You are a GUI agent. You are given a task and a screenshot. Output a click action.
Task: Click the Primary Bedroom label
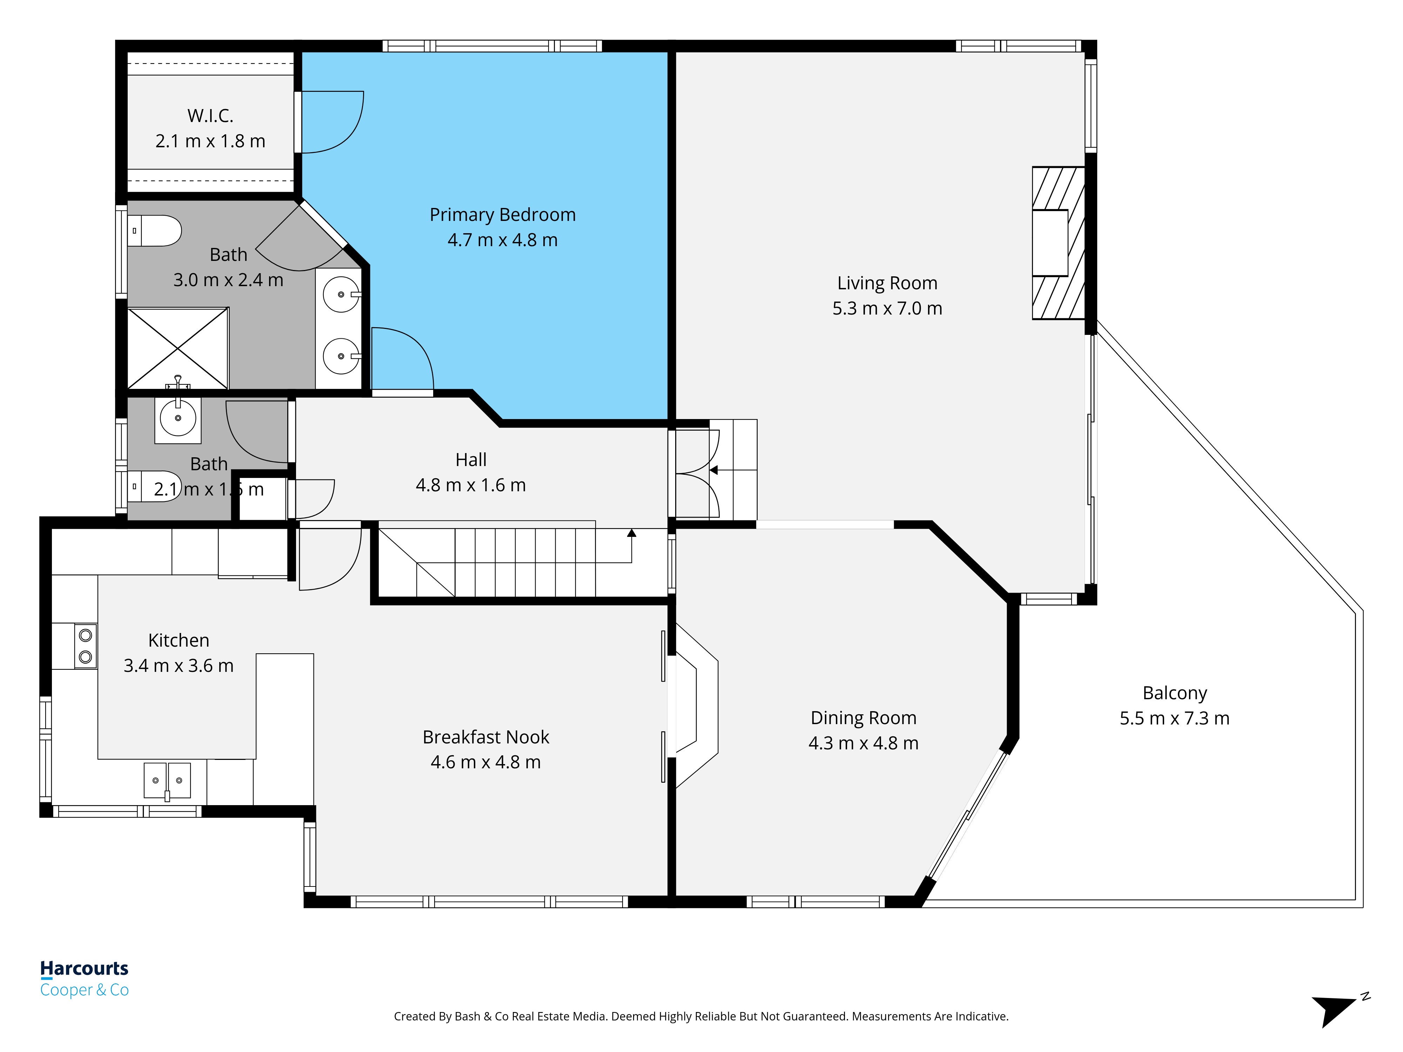tap(502, 215)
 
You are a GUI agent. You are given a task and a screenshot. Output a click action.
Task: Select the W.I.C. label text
tap(210, 116)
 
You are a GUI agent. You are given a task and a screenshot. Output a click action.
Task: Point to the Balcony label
tap(1175, 693)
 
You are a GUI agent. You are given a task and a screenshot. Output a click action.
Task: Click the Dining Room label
tap(863, 718)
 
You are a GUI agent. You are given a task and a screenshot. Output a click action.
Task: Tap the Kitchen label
tap(178, 640)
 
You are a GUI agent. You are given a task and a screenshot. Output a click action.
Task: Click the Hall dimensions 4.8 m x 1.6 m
tap(471, 485)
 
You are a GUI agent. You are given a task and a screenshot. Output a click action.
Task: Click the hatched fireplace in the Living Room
tap(1058, 243)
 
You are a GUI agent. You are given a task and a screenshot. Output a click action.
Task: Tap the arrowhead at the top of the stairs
tap(632, 533)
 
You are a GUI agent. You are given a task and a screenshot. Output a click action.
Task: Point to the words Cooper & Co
tap(85, 990)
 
